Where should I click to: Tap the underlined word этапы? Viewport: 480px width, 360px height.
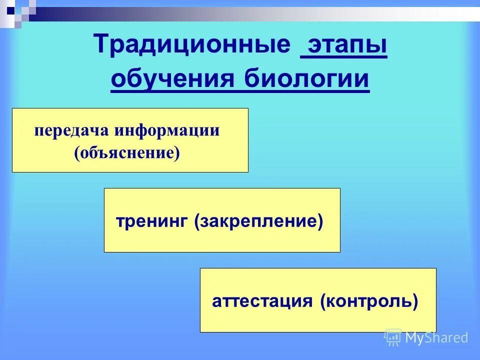click(343, 46)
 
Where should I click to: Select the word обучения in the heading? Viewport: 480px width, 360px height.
click(174, 79)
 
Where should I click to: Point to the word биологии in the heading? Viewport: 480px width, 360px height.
click(306, 79)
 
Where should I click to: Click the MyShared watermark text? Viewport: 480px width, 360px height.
click(436, 337)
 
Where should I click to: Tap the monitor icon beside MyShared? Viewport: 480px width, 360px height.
click(393, 337)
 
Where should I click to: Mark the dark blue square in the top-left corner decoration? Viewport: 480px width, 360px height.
click(10, 8)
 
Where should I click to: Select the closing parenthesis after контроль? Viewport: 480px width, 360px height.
click(414, 301)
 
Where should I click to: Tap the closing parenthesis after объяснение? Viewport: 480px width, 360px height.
click(177, 152)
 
